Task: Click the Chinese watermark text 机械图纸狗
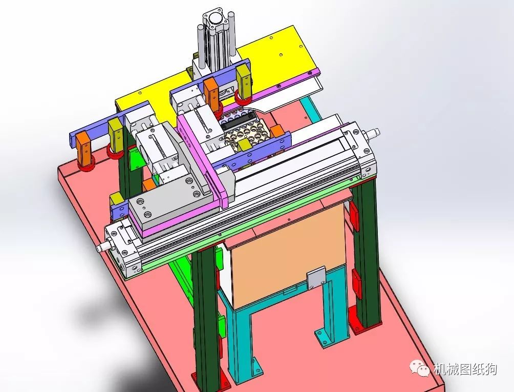coord(465,369)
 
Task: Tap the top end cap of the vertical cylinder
coord(215,19)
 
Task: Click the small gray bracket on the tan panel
coord(316,279)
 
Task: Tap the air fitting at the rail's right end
coord(373,133)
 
